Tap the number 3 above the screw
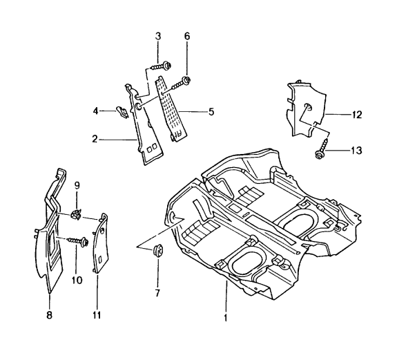tap(158, 36)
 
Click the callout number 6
tap(186, 36)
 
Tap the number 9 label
tap(77, 185)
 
